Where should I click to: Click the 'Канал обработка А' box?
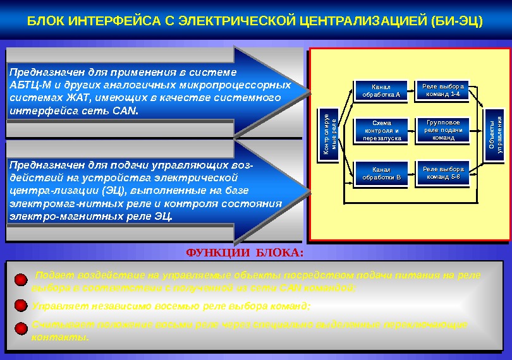coord(381,91)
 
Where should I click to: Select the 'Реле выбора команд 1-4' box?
coord(443,90)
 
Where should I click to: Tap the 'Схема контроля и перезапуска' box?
coord(381,130)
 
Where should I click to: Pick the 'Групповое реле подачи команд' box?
coord(443,129)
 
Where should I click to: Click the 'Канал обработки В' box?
coord(381,173)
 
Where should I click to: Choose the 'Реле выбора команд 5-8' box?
coord(443,172)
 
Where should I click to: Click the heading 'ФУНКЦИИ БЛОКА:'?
coord(245,253)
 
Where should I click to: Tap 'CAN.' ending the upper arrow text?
coord(125,111)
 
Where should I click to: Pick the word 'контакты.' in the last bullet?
coord(60,337)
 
